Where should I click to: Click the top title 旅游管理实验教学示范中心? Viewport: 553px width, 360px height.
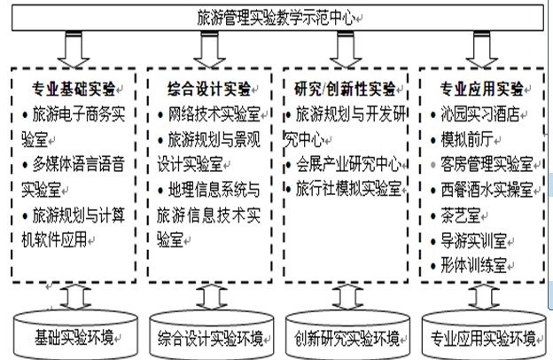tap(276, 18)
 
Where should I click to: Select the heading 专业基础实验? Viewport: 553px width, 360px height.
tap(74, 89)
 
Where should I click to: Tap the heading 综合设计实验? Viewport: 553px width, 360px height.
tap(209, 89)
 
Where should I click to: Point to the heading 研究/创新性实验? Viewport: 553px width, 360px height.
tap(345, 89)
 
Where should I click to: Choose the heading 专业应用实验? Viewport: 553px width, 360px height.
tap(481, 89)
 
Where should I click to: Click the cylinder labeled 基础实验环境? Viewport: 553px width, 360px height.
tap(75, 335)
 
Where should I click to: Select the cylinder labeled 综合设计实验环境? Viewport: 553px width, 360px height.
tap(211, 335)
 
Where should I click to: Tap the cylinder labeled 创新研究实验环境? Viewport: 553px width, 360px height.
tap(347, 335)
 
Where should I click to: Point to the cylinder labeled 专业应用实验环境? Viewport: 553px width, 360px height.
tap(484, 335)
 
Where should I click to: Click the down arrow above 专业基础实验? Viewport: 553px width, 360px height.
tap(74, 50)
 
